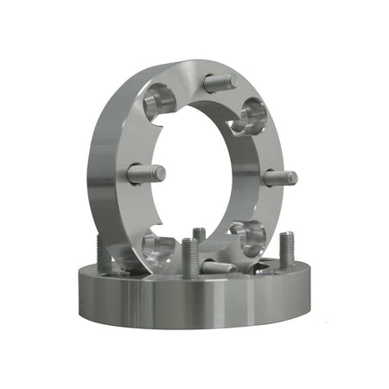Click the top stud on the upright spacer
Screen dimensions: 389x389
(219, 83)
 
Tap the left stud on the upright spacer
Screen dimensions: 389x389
(146, 174)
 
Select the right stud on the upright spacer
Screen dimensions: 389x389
(279, 178)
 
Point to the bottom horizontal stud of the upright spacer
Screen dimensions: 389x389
(216, 267)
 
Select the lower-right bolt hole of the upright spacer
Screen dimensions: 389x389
(248, 233)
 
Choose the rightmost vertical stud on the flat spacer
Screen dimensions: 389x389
(287, 250)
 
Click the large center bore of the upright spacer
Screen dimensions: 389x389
(203, 173)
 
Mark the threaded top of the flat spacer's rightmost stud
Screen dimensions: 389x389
(287, 239)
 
